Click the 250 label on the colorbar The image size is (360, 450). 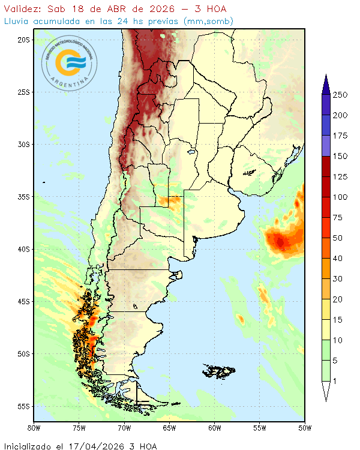coord(341,95)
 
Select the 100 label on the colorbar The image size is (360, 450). coord(341,197)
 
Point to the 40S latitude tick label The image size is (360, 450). coord(24,249)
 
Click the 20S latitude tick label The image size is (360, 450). coord(24,40)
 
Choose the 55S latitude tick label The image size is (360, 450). coord(24,406)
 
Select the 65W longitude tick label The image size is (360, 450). coord(169,428)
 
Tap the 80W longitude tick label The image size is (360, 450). coord(34,428)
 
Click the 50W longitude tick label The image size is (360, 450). coord(304,428)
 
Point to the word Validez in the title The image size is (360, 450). coord(22,9)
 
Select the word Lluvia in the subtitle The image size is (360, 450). coord(18,22)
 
